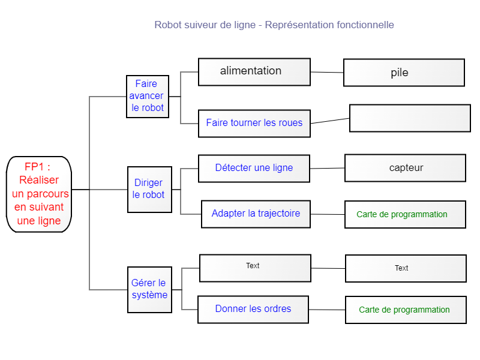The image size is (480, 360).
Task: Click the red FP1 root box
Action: point(39,194)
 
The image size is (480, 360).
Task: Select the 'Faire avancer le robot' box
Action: point(148,97)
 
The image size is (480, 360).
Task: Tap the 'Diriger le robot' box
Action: point(149,190)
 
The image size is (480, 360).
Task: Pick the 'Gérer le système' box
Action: point(149,290)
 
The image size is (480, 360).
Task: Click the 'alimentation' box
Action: point(254,72)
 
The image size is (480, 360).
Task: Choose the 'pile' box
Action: point(404,73)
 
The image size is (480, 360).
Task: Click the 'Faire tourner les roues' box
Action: point(254,124)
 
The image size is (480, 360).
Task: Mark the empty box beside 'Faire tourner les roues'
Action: point(410,118)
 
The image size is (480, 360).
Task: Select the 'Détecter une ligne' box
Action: point(254,169)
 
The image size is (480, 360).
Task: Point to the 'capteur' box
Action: point(405,168)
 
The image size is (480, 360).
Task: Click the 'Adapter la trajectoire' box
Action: point(256,214)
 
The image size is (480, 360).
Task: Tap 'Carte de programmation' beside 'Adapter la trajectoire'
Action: point(405,214)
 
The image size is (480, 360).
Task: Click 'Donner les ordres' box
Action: point(253,310)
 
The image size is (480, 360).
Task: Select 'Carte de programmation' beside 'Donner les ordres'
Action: point(406,310)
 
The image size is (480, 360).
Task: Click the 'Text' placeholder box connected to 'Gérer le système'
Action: point(255,268)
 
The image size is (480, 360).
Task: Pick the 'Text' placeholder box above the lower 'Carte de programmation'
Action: point(406,268)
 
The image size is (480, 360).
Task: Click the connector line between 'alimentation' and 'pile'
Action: point(327,72)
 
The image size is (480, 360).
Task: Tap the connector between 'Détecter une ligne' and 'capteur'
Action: point(327,168)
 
